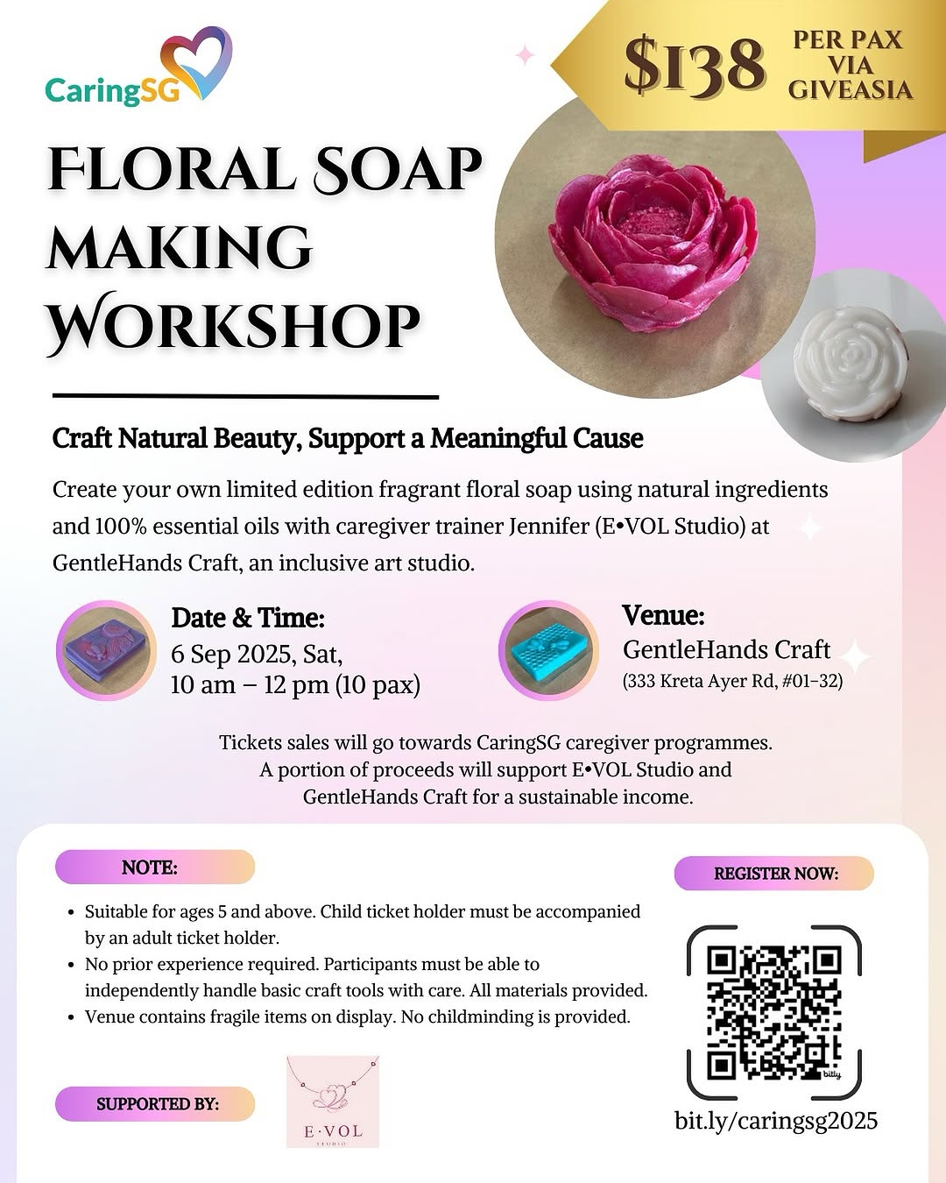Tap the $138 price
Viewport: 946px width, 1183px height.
695,65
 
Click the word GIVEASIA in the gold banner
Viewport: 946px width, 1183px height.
851,89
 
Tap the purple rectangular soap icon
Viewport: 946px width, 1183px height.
107,649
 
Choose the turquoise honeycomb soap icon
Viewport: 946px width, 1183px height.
548,649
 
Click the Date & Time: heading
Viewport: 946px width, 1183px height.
248,618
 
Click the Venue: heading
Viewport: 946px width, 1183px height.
663,614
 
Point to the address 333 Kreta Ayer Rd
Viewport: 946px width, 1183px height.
695,682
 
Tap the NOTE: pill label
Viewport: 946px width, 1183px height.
155,867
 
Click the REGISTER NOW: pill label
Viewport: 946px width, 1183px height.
774,873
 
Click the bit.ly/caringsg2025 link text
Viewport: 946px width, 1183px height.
776,1120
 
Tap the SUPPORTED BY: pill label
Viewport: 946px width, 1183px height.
155,1103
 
